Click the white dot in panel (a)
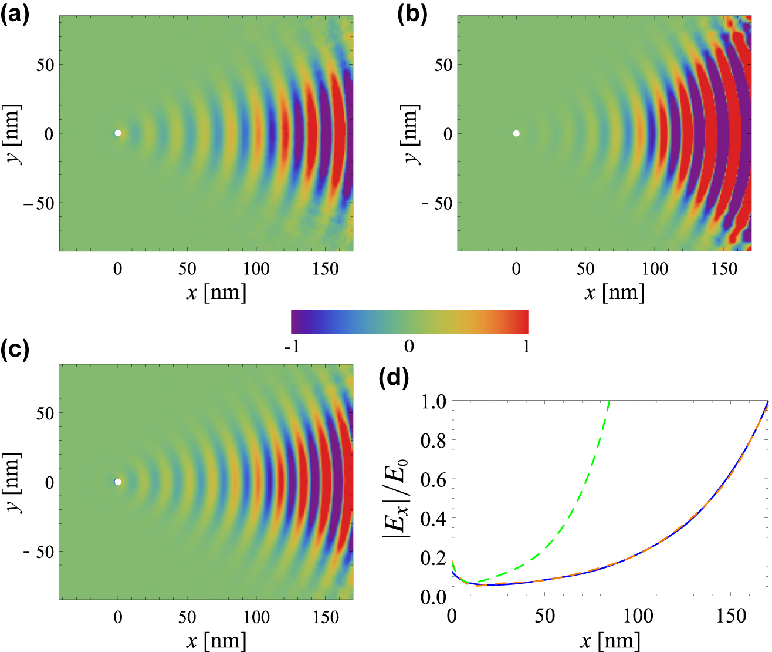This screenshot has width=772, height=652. (x=118, y=133)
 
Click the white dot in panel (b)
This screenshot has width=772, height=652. (x=516, y=133)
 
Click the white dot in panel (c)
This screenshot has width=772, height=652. (x=118, y=482)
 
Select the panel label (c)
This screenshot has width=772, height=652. (x=15, y=349)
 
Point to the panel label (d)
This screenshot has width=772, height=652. (x=394, y=378)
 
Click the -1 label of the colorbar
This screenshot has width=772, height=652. (x=292, y=347)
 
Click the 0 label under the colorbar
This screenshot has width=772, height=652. (x=409, y=347)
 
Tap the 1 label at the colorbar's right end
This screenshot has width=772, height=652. (x=526, y=347)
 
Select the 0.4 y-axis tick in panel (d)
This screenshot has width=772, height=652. (x=433, y=519)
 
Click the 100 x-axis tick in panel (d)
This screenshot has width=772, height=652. (x=638, y=616)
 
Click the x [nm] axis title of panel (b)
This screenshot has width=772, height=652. (x=614, y=292)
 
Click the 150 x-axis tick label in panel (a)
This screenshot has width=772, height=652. (x=326, y=269)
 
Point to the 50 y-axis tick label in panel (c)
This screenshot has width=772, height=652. (x=45, y=413)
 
